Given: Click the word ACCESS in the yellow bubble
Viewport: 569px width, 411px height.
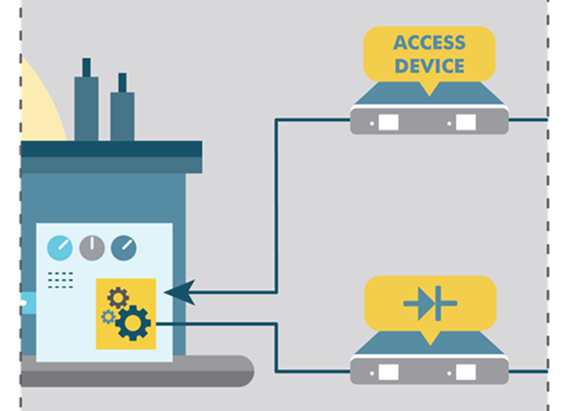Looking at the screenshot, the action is (x=429, y=43).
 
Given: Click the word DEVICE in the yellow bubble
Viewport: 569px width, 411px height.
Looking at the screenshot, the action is (x=429, y=66).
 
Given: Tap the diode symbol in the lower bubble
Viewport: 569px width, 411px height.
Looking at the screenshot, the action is (x=430, y=304).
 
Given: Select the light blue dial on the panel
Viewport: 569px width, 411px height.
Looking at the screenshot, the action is (x=60, y=248).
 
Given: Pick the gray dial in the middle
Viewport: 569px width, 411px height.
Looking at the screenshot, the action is (x=92, y=248).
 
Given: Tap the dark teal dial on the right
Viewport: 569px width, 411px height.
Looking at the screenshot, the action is (x=124, y=248).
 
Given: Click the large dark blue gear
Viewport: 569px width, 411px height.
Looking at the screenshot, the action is (x=132, y=323).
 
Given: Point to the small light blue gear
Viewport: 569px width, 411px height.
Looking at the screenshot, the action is (x=108, y=317).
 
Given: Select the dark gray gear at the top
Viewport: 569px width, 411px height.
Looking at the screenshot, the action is (x=118, y=298).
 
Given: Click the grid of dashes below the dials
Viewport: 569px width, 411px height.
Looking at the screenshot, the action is (x=61, y=280).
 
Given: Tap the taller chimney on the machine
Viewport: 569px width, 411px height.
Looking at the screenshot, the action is (x=86, y=100).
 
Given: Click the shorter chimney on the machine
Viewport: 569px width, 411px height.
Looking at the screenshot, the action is (x=123, y=106).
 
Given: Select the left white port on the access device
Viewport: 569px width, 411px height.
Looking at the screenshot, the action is (x=388, y=122).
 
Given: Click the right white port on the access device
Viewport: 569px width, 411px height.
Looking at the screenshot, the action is (x=466, y=122).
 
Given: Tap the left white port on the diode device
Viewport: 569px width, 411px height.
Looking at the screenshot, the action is (x=388, y=372).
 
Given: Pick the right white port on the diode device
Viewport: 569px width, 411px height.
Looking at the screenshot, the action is (x=466, y=372).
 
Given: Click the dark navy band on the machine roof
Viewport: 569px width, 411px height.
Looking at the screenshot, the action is (x=111, y=149).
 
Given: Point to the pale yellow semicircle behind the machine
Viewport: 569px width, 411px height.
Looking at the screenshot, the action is (x=40, y=105).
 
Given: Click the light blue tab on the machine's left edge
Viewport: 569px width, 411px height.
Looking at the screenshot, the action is (x=29, y=303).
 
